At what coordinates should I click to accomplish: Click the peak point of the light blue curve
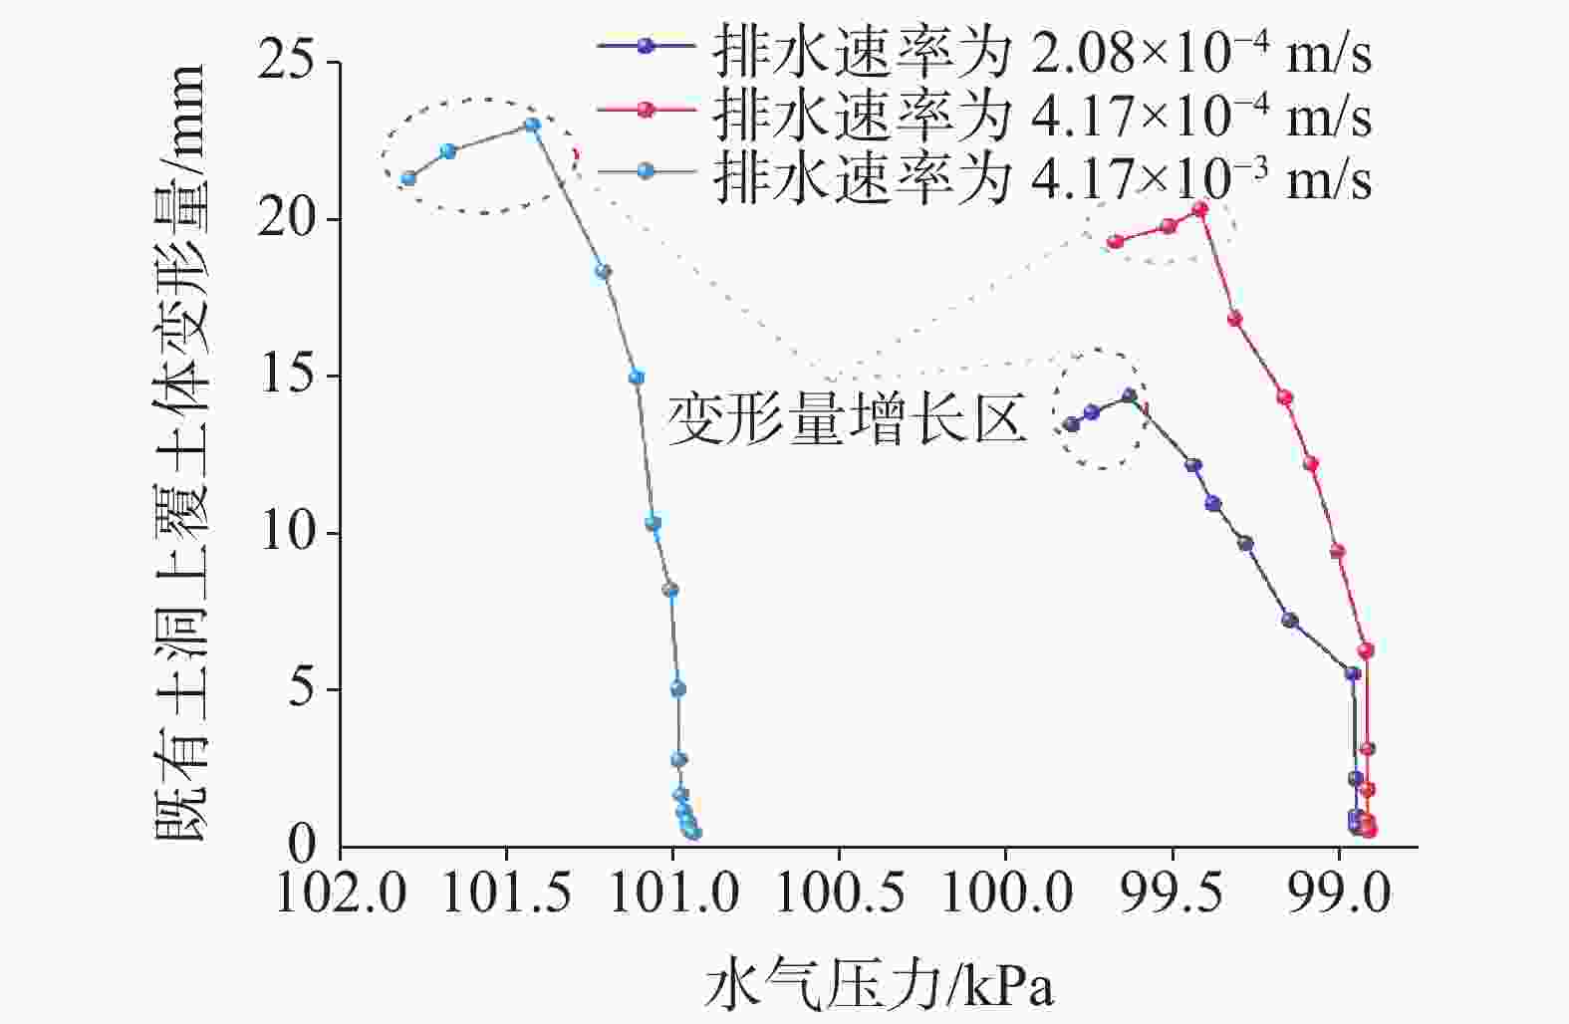click(x=532, y=126)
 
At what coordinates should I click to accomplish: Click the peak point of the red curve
click(x=1200, y=209)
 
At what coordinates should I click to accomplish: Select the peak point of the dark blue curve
click(x=1130, y=395)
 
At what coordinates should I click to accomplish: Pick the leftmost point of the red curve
click(x=1116, y=242)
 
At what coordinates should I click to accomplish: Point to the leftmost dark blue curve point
click(x=1072, y=424)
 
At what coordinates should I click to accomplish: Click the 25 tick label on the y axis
click(x=286, y=62)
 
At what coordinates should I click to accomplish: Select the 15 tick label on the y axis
click(x=286, y=377)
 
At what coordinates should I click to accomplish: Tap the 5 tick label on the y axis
click(x=302, y=690)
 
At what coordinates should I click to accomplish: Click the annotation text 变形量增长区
click(x=848, y=418)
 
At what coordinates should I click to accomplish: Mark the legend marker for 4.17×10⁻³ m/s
click(x=646, y=171)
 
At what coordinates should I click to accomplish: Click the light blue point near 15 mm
click(x=637, y=378)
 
